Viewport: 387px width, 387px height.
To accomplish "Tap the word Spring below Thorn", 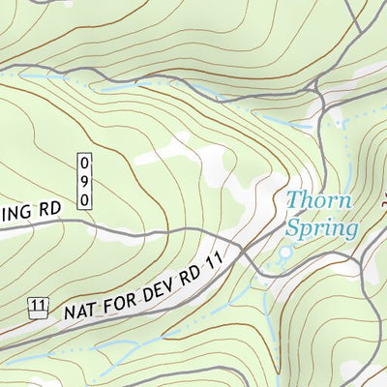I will [322, 229].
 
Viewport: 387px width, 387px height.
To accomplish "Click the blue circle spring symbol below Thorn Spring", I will [284, 254].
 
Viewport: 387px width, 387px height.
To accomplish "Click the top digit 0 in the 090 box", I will [85, 162].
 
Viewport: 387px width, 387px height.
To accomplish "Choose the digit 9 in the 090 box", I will [85, 180].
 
